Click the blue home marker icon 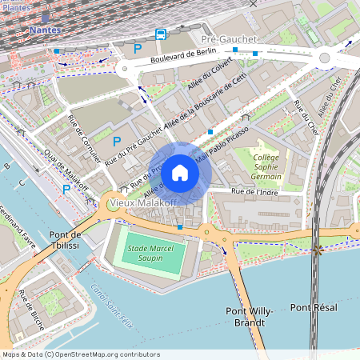(x=180, y=172)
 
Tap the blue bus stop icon (x=161, y=34)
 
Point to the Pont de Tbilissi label (x=66, y=240)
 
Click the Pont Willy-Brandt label (x=250, y=316)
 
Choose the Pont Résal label (x=314, y=307)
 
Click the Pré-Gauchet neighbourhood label (x=229, y=38)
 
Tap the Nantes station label (x=44, y=30)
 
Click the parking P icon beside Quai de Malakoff (x=66, y=190)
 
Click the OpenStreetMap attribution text (x=81, y=354)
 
